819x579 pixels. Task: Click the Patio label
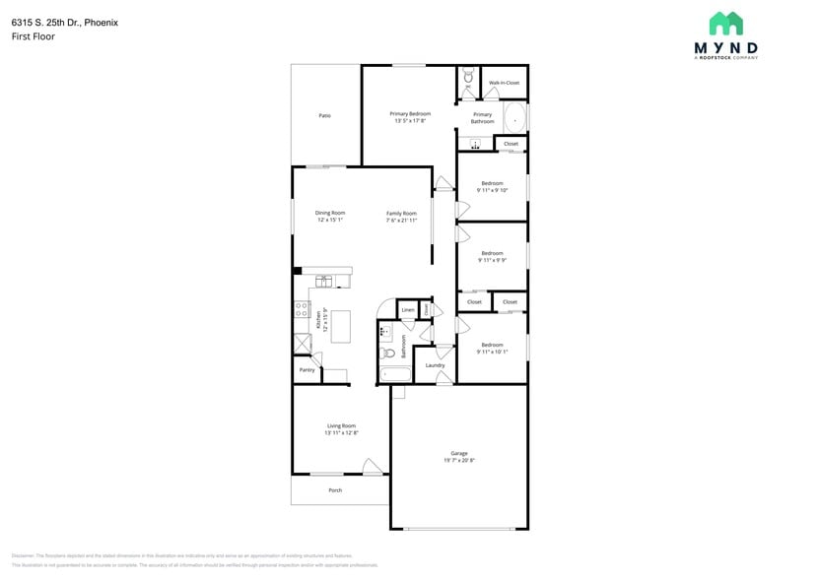pos(324,115)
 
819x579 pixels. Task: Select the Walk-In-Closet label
pos(504,83)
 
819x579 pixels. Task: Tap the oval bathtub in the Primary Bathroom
pos(515,119)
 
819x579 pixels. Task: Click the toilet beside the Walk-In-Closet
pos(468,75)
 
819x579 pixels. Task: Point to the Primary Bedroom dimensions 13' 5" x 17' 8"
pos(410,121)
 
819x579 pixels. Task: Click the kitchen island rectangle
pos(341,326)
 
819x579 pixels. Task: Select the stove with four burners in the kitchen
pos(301,310)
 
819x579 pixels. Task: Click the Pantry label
pos(307,370)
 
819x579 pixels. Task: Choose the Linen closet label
pos(407,310)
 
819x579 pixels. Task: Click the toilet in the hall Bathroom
pos(389,353)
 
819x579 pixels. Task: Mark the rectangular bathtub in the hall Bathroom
pos(395,374)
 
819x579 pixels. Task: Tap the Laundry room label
pos(435,365)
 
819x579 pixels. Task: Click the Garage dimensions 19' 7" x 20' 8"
pos(459,460)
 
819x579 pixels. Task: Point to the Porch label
pos(335,489)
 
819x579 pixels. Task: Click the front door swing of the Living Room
pos(373,467)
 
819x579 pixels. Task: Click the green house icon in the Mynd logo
pos(725,24)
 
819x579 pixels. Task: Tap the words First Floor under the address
pos(34,36)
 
